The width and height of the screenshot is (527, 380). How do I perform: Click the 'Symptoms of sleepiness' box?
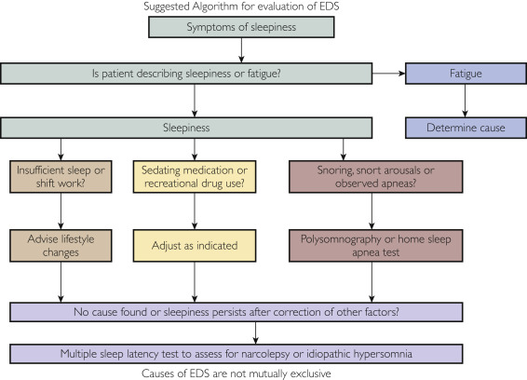pos(241,27)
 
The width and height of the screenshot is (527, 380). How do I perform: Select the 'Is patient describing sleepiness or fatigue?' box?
pos(186,74)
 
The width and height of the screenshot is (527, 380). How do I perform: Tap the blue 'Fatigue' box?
pos(466,74)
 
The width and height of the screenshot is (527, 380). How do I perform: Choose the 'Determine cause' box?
pos(466,128)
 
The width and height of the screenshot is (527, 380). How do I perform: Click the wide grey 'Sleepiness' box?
pos(186,128)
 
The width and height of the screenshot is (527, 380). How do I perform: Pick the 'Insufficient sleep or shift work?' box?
pos(61,177)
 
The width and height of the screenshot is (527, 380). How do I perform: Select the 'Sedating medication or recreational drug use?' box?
pos(195,177)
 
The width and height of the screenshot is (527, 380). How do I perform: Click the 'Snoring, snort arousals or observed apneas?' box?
pos(376,177)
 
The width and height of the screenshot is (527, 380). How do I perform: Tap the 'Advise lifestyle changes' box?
pos(61,246)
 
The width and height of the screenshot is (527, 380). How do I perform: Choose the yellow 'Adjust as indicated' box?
pos(195,246)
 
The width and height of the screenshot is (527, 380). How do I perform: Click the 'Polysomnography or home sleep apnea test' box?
pos(376,246)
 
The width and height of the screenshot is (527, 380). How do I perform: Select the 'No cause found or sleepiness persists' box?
pos(236,312)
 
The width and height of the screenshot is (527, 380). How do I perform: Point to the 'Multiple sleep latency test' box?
pos(236,354)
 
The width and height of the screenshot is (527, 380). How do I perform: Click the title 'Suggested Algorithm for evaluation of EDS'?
pos(241,7)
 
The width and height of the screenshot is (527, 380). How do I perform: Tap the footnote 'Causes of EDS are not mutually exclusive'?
pos(236,373)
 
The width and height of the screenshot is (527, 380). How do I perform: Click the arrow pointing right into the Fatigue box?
pos(388,74)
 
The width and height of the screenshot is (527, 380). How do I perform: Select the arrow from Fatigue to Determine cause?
pos(466,101)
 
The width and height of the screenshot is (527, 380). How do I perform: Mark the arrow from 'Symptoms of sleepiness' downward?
pos(241,50)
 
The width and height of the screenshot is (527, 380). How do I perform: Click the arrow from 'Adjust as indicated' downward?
pos(195,282)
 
